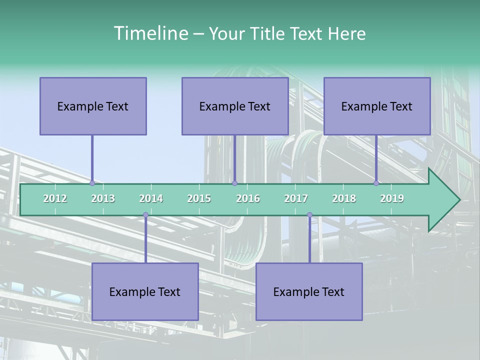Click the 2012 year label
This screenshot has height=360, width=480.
tap(55, 198)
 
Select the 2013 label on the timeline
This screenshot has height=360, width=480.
tap(103, 198)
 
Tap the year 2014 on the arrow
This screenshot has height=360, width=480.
tap(151, 198)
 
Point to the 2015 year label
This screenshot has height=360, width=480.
tap(199, 198)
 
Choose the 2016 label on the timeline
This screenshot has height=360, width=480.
tap(248, 198)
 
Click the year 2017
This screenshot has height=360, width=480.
tap(296, 198)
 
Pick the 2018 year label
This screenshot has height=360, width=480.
tap(344, 198)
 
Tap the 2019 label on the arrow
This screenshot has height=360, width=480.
tap(392, 198)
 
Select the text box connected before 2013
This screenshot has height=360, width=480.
tap(93, 106)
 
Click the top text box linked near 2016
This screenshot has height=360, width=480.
tap(235, 106)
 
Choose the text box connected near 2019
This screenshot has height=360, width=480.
tap(377, 106)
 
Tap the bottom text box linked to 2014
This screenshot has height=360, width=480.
tap(145, 291)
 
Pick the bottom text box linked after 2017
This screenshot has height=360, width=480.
tap(309, 291)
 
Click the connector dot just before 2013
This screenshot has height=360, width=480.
tap(92, 183)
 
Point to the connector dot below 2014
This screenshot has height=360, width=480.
tap(145, 215)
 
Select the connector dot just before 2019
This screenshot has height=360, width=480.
tap(376, 183)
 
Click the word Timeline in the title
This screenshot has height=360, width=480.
tap(150, 33)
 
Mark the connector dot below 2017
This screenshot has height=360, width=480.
tap(309, 215)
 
